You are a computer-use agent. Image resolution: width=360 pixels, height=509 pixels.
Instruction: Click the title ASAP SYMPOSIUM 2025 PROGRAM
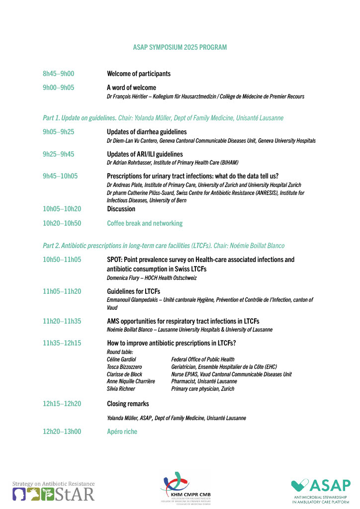(180, 47)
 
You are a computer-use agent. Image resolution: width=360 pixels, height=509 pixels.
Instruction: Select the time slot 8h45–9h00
(58, 74)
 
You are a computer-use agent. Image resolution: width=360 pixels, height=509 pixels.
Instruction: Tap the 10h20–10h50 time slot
(62, 223)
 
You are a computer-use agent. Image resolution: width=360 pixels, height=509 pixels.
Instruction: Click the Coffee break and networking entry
(145, 223)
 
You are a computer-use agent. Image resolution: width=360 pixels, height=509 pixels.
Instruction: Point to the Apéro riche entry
(122, 431)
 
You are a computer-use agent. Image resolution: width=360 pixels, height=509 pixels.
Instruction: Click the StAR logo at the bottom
(54, 491)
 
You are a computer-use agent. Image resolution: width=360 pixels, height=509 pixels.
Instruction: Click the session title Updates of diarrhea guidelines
(147, 132)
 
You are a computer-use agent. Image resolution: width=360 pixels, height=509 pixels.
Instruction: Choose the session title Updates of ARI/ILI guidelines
(145, 154)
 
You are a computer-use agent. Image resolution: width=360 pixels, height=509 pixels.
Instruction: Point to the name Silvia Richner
(121, 389)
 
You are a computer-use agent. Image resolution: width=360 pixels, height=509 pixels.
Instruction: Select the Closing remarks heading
(128, 404)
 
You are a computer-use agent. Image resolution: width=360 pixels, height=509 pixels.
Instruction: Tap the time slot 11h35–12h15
(62, 343)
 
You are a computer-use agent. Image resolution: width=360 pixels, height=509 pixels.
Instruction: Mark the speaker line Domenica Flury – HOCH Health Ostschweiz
(152, 278)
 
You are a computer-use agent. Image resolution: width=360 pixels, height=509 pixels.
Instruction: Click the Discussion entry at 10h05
(121, 209)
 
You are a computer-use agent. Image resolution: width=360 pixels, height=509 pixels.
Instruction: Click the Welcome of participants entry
(139, 74)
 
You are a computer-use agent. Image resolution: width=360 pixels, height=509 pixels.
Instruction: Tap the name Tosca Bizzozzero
(124, 367)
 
